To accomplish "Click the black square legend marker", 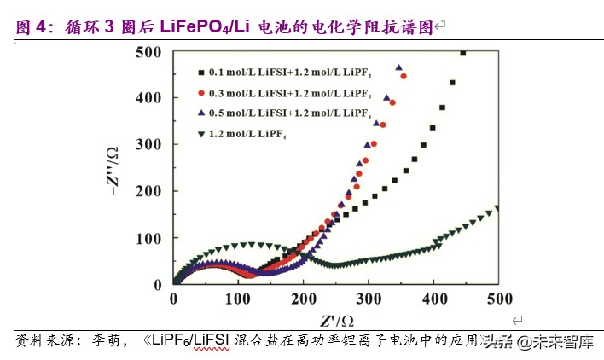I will [200, 73].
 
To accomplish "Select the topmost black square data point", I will [463, 53].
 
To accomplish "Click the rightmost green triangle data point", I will [497, 207].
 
